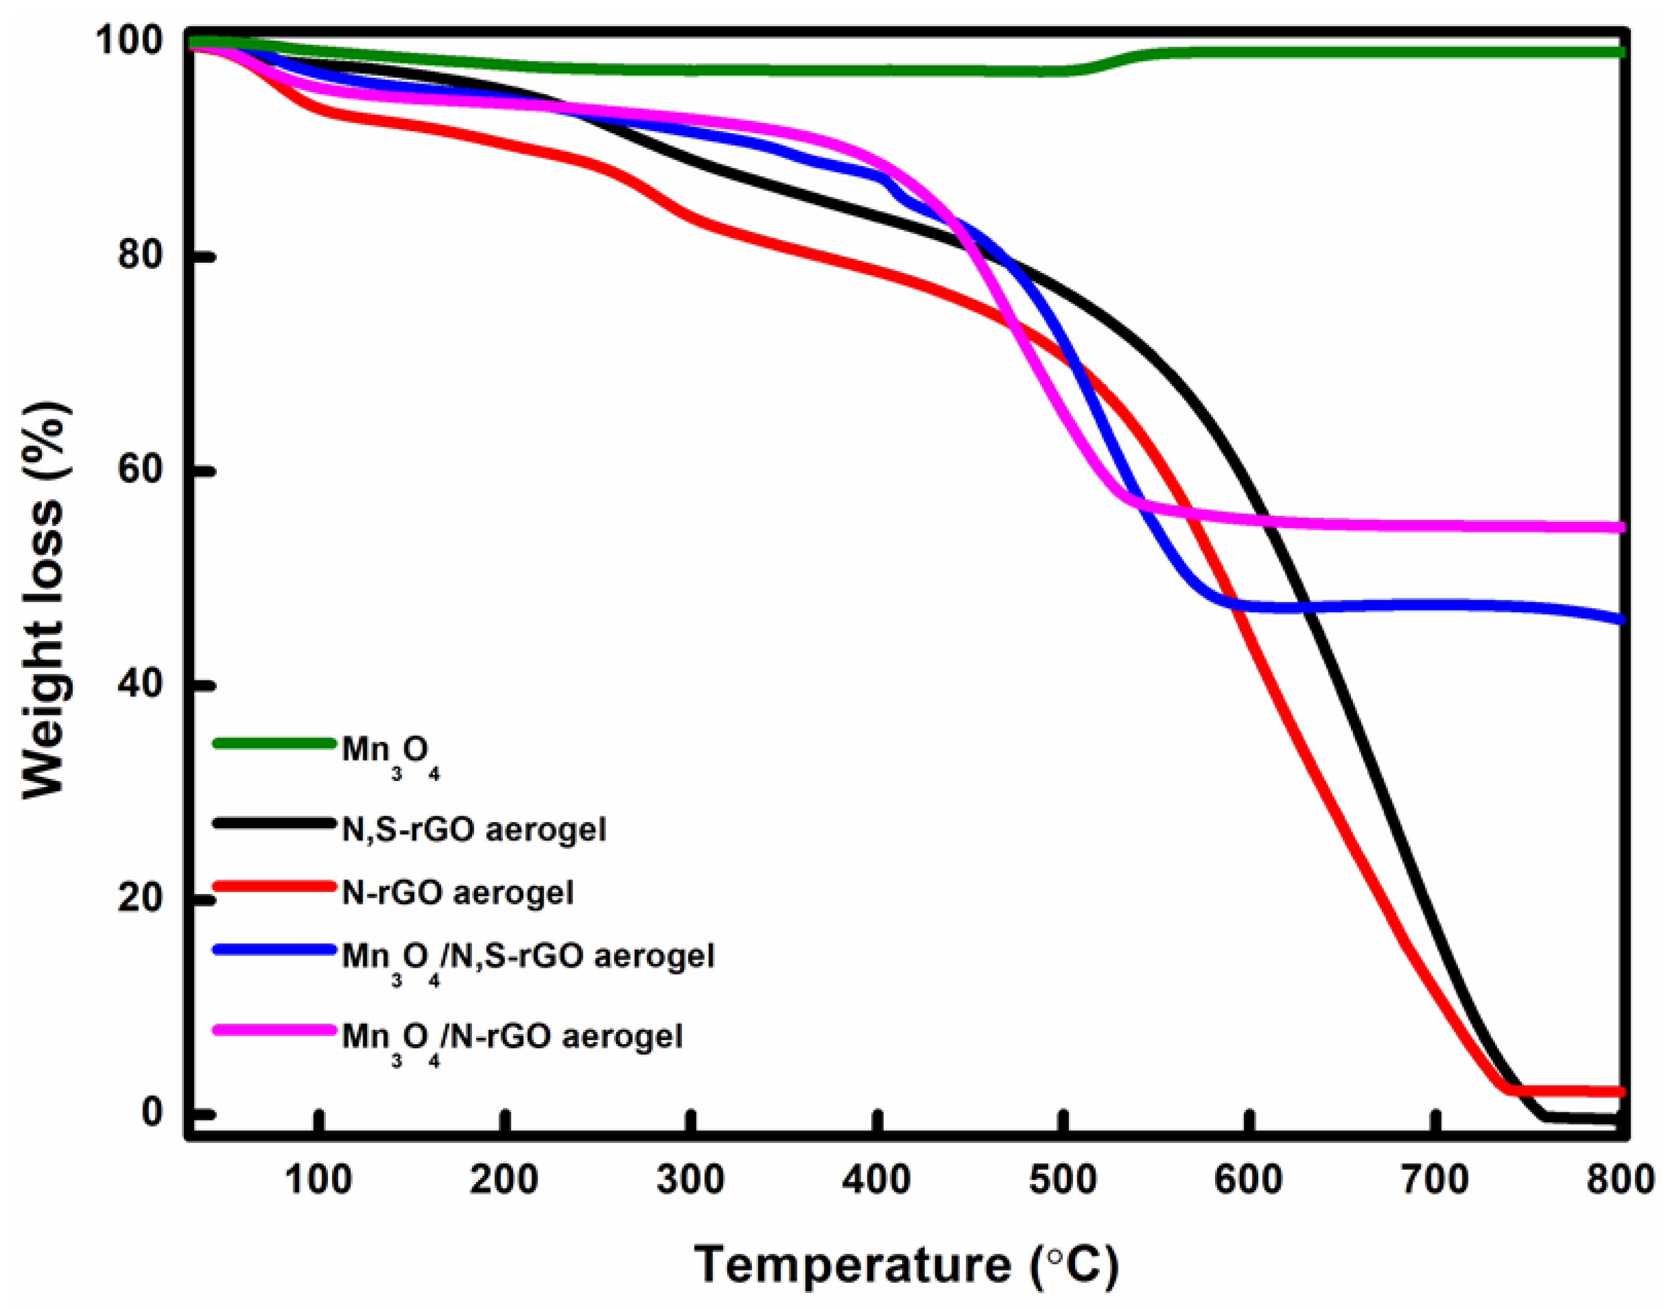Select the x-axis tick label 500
(1063, 1179)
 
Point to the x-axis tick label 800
(1619, 1179)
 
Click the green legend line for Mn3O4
(274, 743)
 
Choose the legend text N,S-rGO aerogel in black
(473, 829)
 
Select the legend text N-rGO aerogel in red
(457, 892)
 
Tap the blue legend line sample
(274, 949)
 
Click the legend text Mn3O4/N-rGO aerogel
(511, 1036)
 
